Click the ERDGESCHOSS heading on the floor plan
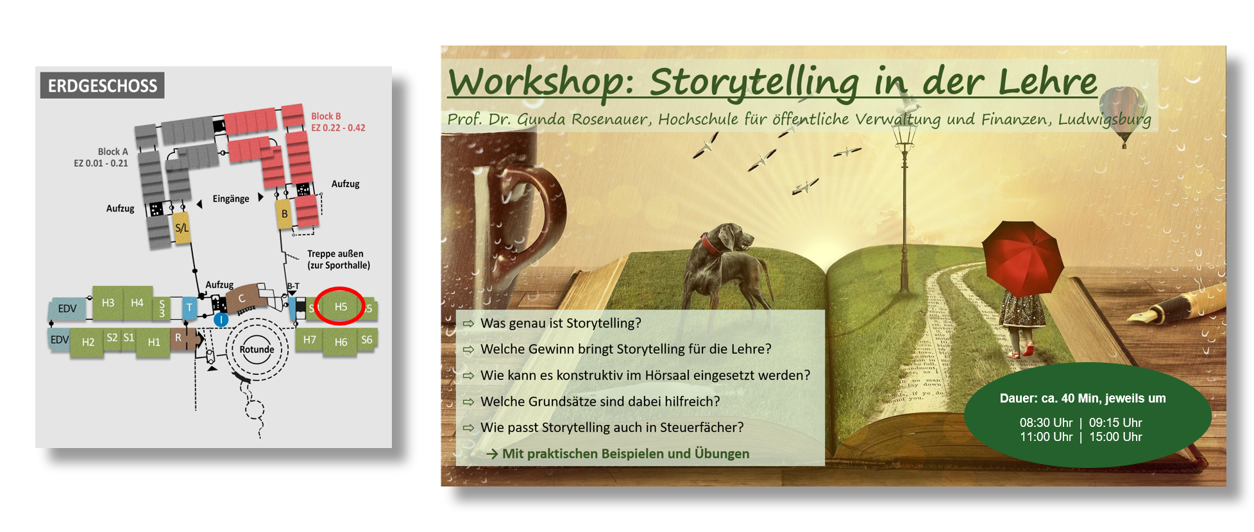coord(103,85)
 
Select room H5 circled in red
coord(341,307)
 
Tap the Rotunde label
coord(257,349)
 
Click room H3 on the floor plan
coord(108,303)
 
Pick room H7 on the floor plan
coord(310,340)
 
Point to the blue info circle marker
coord(221,319)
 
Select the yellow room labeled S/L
coord(182,228)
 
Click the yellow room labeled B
coord(284,214)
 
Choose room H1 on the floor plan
coord(154,342)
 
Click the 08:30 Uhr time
coord(1046,422)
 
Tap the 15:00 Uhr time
coord(1115,436)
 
